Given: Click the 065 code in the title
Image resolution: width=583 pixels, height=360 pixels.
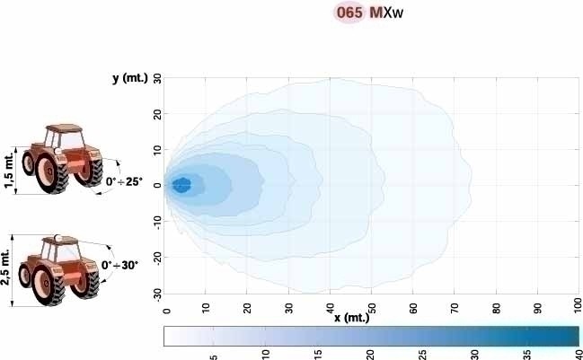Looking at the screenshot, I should pos(349,13).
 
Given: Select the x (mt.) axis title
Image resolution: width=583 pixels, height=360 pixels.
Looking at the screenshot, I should pos(350,318).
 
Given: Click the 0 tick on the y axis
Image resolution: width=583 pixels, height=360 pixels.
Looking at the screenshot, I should pos(157,185).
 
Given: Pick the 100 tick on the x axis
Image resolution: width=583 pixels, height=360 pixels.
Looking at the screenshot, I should pos(578,307).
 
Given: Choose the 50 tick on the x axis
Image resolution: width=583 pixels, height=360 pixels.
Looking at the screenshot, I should pos(371,307).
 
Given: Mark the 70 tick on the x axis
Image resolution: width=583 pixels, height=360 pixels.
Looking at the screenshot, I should pos(455,307).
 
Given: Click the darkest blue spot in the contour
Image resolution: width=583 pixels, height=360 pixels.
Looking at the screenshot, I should pos(181,185).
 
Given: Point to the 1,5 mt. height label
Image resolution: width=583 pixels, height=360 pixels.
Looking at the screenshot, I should pos(9,171).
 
